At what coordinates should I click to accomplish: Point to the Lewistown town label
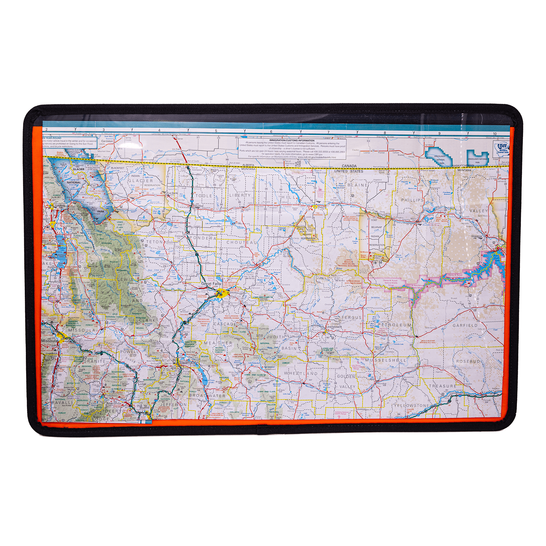pyautogui.click(x=334, y=327)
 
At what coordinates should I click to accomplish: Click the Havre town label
pyautogui.click(x=322, y=207)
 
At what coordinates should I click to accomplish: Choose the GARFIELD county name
pyautogui.click(x=465, y=326)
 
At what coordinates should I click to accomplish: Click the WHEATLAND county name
pyautogui.click(x=301, y=373)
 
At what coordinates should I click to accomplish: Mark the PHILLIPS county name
pyautogui.click(x=412, y=200)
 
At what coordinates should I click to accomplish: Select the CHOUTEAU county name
pyautogui.click(x=242, y=243)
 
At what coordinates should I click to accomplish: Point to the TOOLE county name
pyautogui.click(x=203, y=196)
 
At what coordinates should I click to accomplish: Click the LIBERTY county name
pyautogui.click(x=240, y=195)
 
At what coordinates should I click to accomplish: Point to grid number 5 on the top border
pyautogui.click(x=216, y=131)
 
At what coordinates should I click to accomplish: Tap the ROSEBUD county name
pyautogui.click(x=468, y=361)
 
